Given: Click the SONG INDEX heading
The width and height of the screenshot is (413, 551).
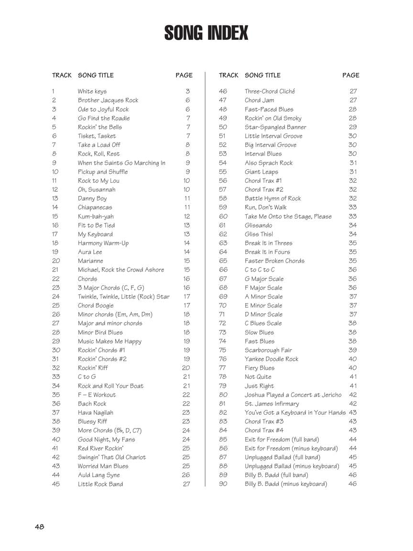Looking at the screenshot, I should [206, 33].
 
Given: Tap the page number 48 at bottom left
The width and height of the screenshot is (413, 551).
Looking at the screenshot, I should [39, 527].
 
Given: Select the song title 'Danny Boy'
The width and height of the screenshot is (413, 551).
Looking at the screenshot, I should [92, 198].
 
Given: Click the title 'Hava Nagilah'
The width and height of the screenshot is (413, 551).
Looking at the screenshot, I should [96, 412].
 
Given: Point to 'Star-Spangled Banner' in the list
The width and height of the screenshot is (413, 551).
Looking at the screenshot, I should [275, 127].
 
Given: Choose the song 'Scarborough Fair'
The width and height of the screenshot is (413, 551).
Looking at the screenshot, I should [268, 350].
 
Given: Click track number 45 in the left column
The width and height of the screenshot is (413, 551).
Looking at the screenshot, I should [56, 484].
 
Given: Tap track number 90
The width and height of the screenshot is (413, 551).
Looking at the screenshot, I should [223, 484].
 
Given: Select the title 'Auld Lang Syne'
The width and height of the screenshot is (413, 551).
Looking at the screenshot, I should [99, 475].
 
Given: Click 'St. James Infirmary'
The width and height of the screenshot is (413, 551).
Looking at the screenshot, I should [272, 404].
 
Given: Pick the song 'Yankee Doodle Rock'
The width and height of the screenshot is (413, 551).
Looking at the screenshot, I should [272, 359].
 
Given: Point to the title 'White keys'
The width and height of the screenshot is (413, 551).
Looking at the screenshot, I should [92, 91].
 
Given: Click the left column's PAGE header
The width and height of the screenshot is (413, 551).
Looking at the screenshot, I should [184, 75].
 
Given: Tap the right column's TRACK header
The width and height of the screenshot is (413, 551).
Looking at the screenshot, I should [228, 75].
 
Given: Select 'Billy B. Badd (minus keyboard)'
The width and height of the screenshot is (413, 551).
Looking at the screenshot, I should [286, 484].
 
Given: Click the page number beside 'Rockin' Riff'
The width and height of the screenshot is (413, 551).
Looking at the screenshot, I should [186, 368].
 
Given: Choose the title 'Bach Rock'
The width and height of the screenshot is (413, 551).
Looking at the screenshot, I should [92, 404].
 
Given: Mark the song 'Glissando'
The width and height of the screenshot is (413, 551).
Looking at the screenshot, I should [258, 225].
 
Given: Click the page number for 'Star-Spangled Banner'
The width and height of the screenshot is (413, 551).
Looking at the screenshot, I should [353, 127].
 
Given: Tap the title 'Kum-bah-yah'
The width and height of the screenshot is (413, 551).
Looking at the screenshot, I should [96, 216].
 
